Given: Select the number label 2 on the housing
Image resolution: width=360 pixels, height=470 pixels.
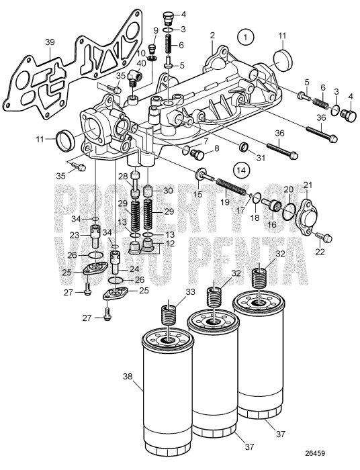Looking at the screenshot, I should pyautogui.click(x=212, y=35).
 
